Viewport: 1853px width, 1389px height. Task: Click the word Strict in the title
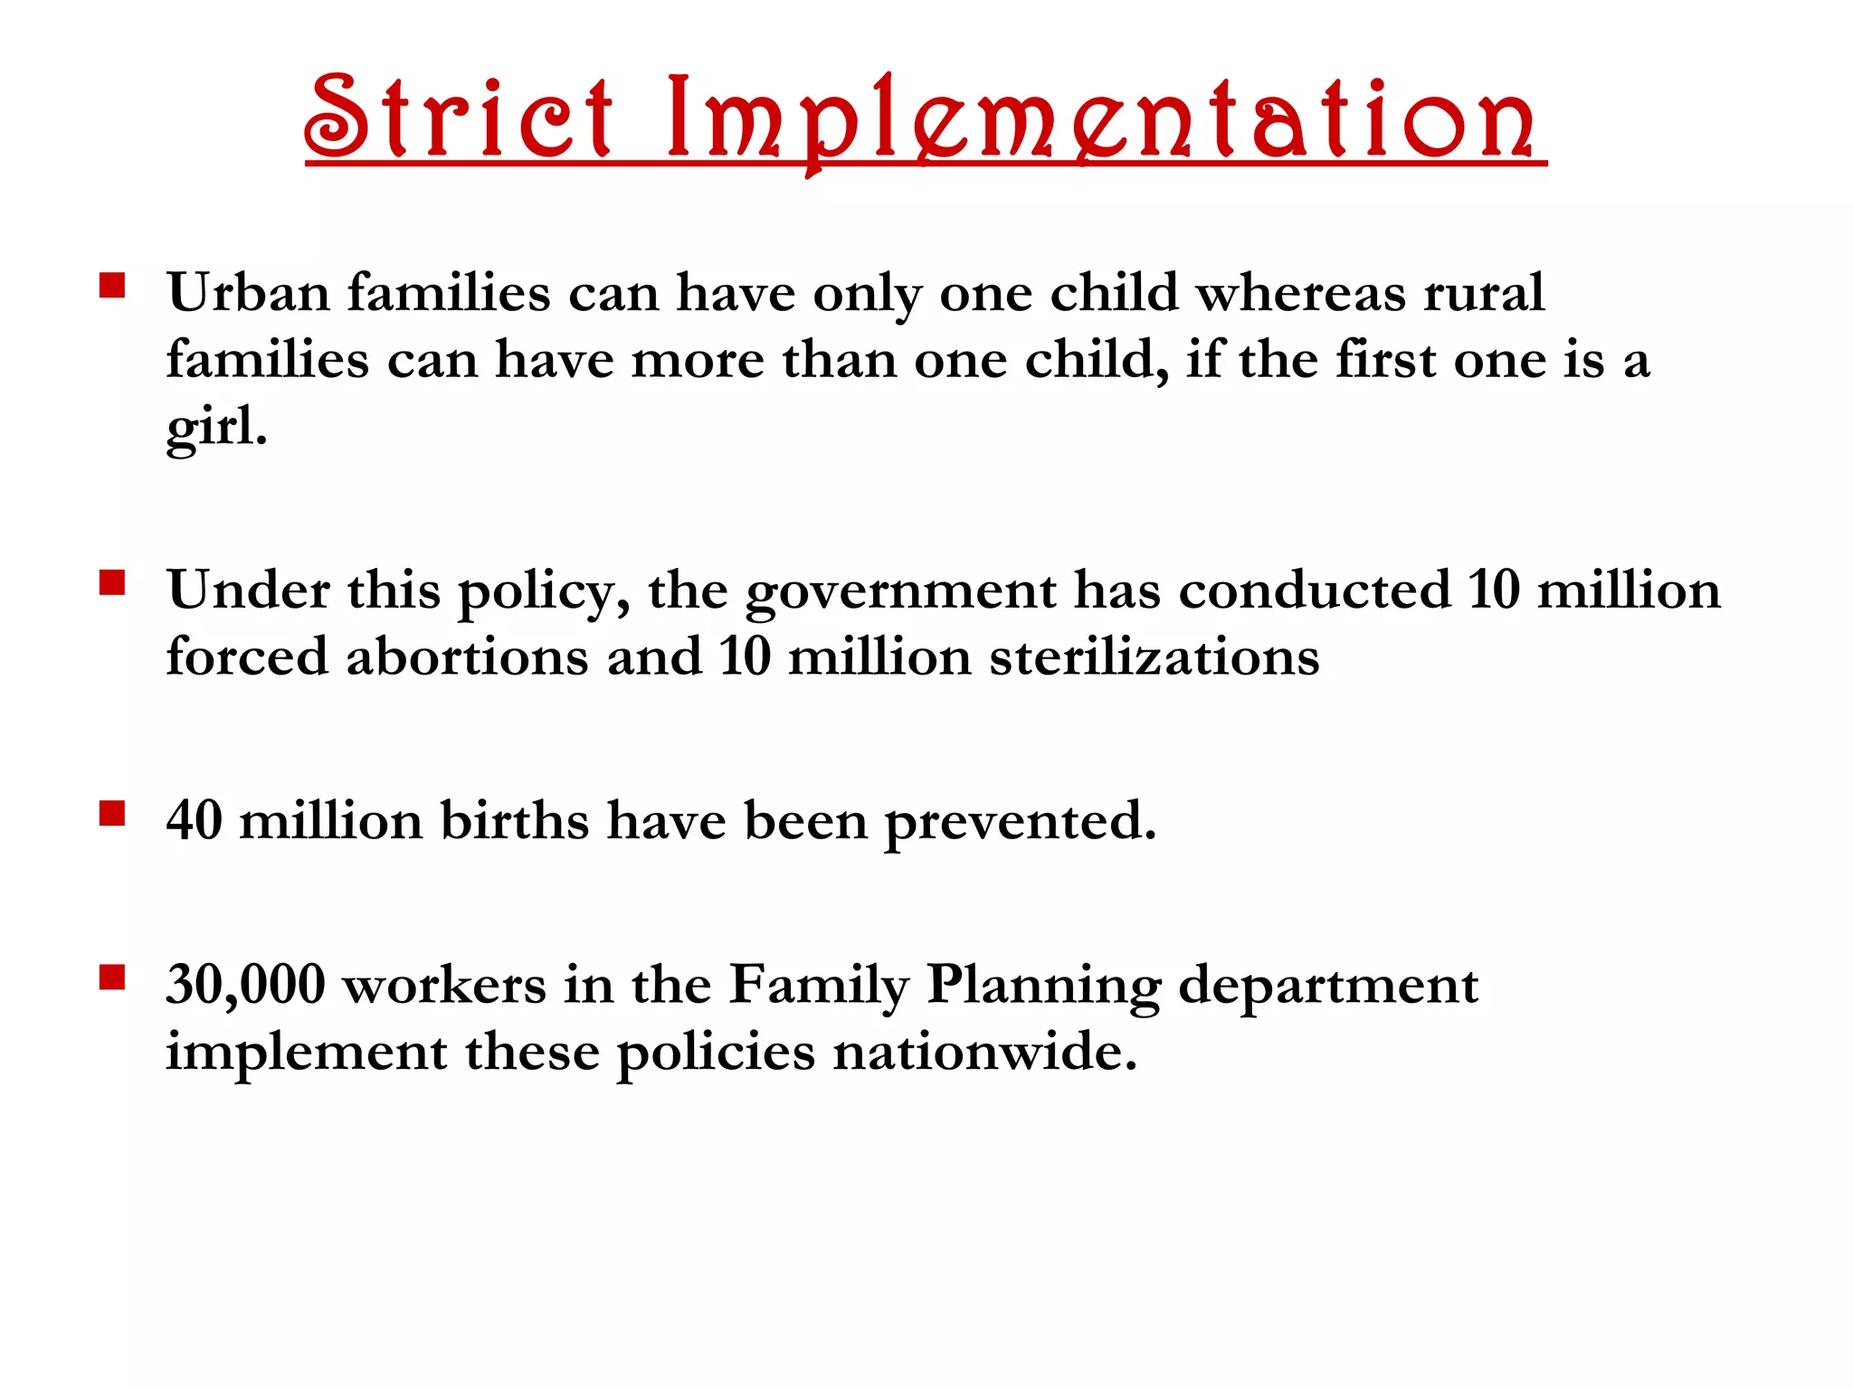459,118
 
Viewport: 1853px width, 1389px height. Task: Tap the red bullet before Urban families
112,287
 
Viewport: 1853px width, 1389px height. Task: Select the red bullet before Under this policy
112,583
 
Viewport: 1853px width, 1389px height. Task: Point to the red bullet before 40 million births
112,814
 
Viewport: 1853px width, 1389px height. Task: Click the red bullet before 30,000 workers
112,978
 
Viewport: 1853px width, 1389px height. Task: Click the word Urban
249,293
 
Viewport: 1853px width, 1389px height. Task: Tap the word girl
216,427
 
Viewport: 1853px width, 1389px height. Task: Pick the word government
900,592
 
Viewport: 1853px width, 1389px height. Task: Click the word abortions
468,657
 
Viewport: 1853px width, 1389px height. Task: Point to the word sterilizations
1155,657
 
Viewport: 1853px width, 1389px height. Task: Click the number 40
195,820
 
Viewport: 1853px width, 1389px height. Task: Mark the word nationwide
984,1052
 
